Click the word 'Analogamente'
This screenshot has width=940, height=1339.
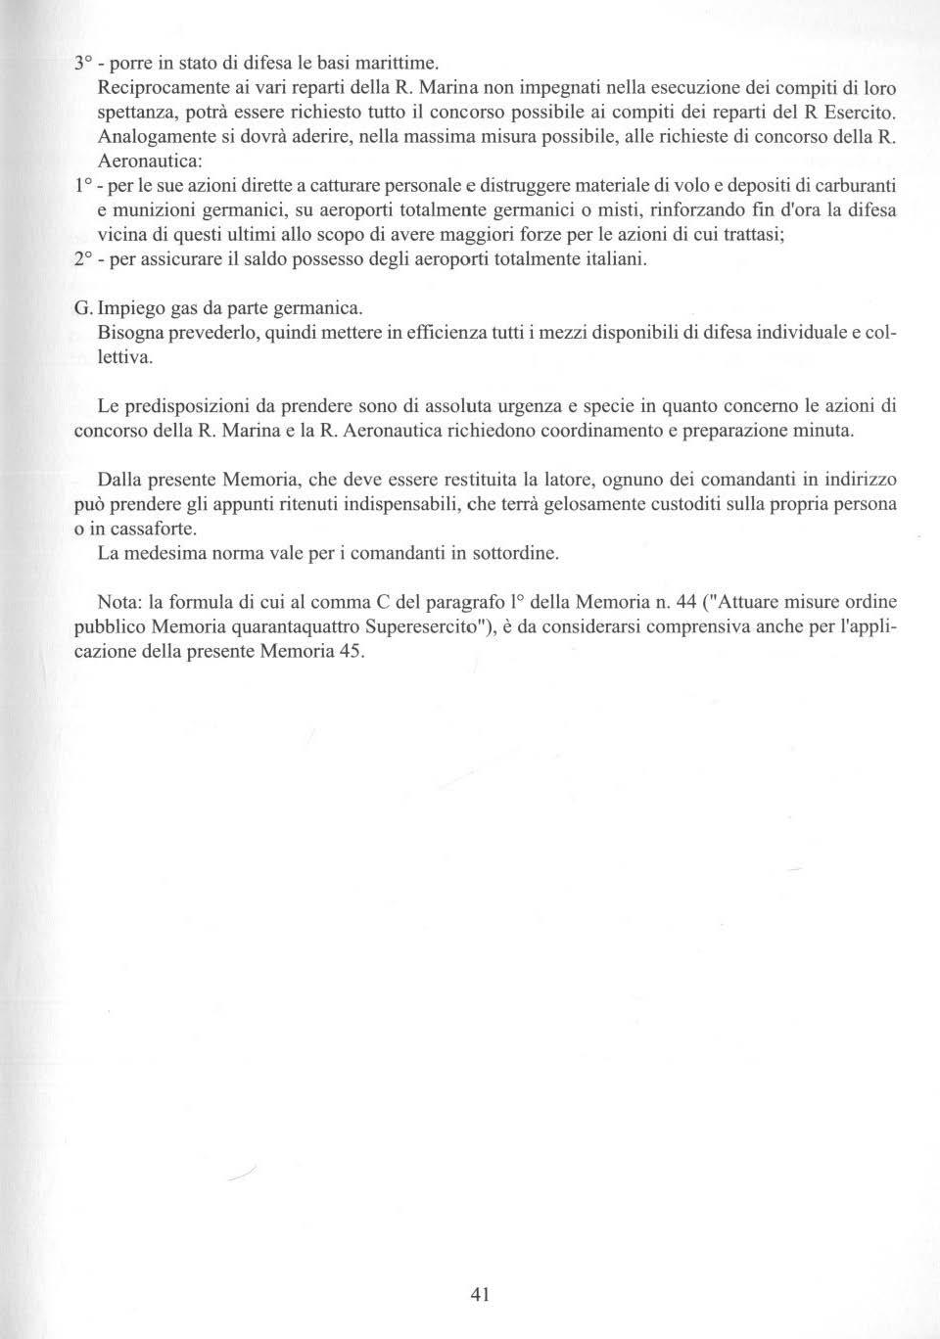(148, 136)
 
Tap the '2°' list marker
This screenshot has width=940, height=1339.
(83, 261)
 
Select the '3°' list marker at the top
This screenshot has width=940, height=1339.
(84, 60)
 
